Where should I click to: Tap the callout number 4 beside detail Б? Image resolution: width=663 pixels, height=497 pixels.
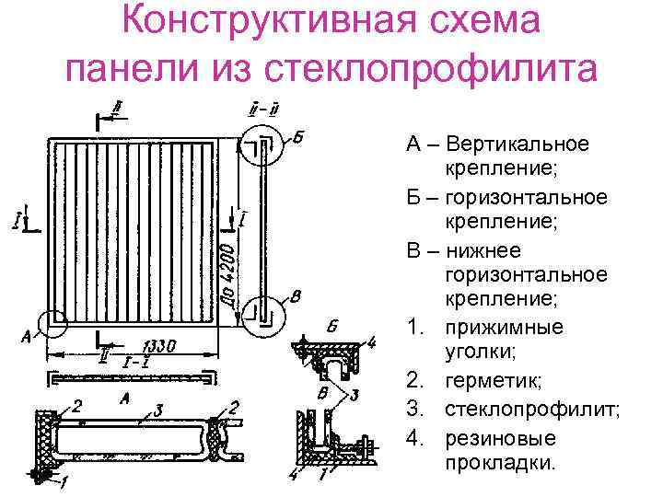coord(370,343)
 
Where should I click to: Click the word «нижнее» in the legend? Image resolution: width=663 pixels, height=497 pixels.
coord(483,250)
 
